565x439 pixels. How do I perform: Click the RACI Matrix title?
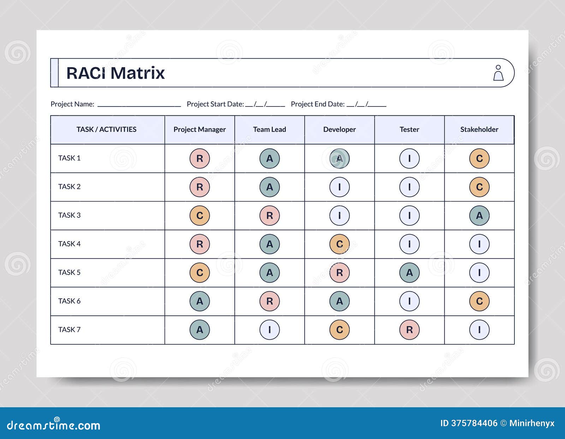point(115,73)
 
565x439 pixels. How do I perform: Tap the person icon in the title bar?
point(498,73)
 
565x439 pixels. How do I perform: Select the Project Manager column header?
point(200,129)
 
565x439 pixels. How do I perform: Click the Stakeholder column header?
point(479,129)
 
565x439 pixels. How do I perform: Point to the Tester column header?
point(409,129)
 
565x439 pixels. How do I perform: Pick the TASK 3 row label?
point(69,215)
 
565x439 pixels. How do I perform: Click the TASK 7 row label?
point(69,329)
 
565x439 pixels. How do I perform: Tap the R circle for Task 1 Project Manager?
point(200,158)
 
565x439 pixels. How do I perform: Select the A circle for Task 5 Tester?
point(409,273)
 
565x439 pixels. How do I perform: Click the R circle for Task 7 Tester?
point(409,330)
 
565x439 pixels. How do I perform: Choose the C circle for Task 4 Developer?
point(339,244)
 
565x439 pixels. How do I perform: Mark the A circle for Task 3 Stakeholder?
point(479,215)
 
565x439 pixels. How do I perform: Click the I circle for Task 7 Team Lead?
point(269,330)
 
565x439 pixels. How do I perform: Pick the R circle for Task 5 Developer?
point(339,273)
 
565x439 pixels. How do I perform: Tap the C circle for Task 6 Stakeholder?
point(479,301)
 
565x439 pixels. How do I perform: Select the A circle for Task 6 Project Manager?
point(200,301)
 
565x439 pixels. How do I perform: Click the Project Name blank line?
point(139,105)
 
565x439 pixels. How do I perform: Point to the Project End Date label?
point(317,104)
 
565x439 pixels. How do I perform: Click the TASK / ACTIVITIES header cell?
point(106,129)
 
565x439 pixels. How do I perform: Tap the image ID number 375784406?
point(474,423)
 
